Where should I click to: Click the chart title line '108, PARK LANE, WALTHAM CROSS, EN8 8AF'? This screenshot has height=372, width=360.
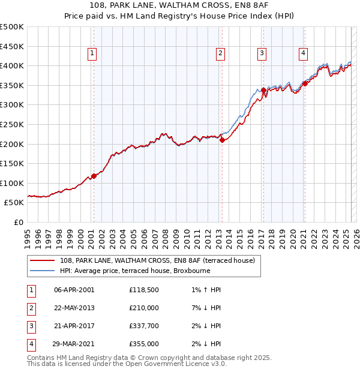tap(179, 5)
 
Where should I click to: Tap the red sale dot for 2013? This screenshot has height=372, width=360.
tap(222, 140)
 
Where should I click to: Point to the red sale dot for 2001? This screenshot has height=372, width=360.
tap(94, 176)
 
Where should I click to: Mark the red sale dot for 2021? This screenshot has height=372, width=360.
tap(305, 83)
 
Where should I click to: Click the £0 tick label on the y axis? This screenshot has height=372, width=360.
tap(19, 222)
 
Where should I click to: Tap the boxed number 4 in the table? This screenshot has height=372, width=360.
tap(31, 344)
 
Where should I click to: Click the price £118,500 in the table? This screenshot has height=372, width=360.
tap(143, 290)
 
